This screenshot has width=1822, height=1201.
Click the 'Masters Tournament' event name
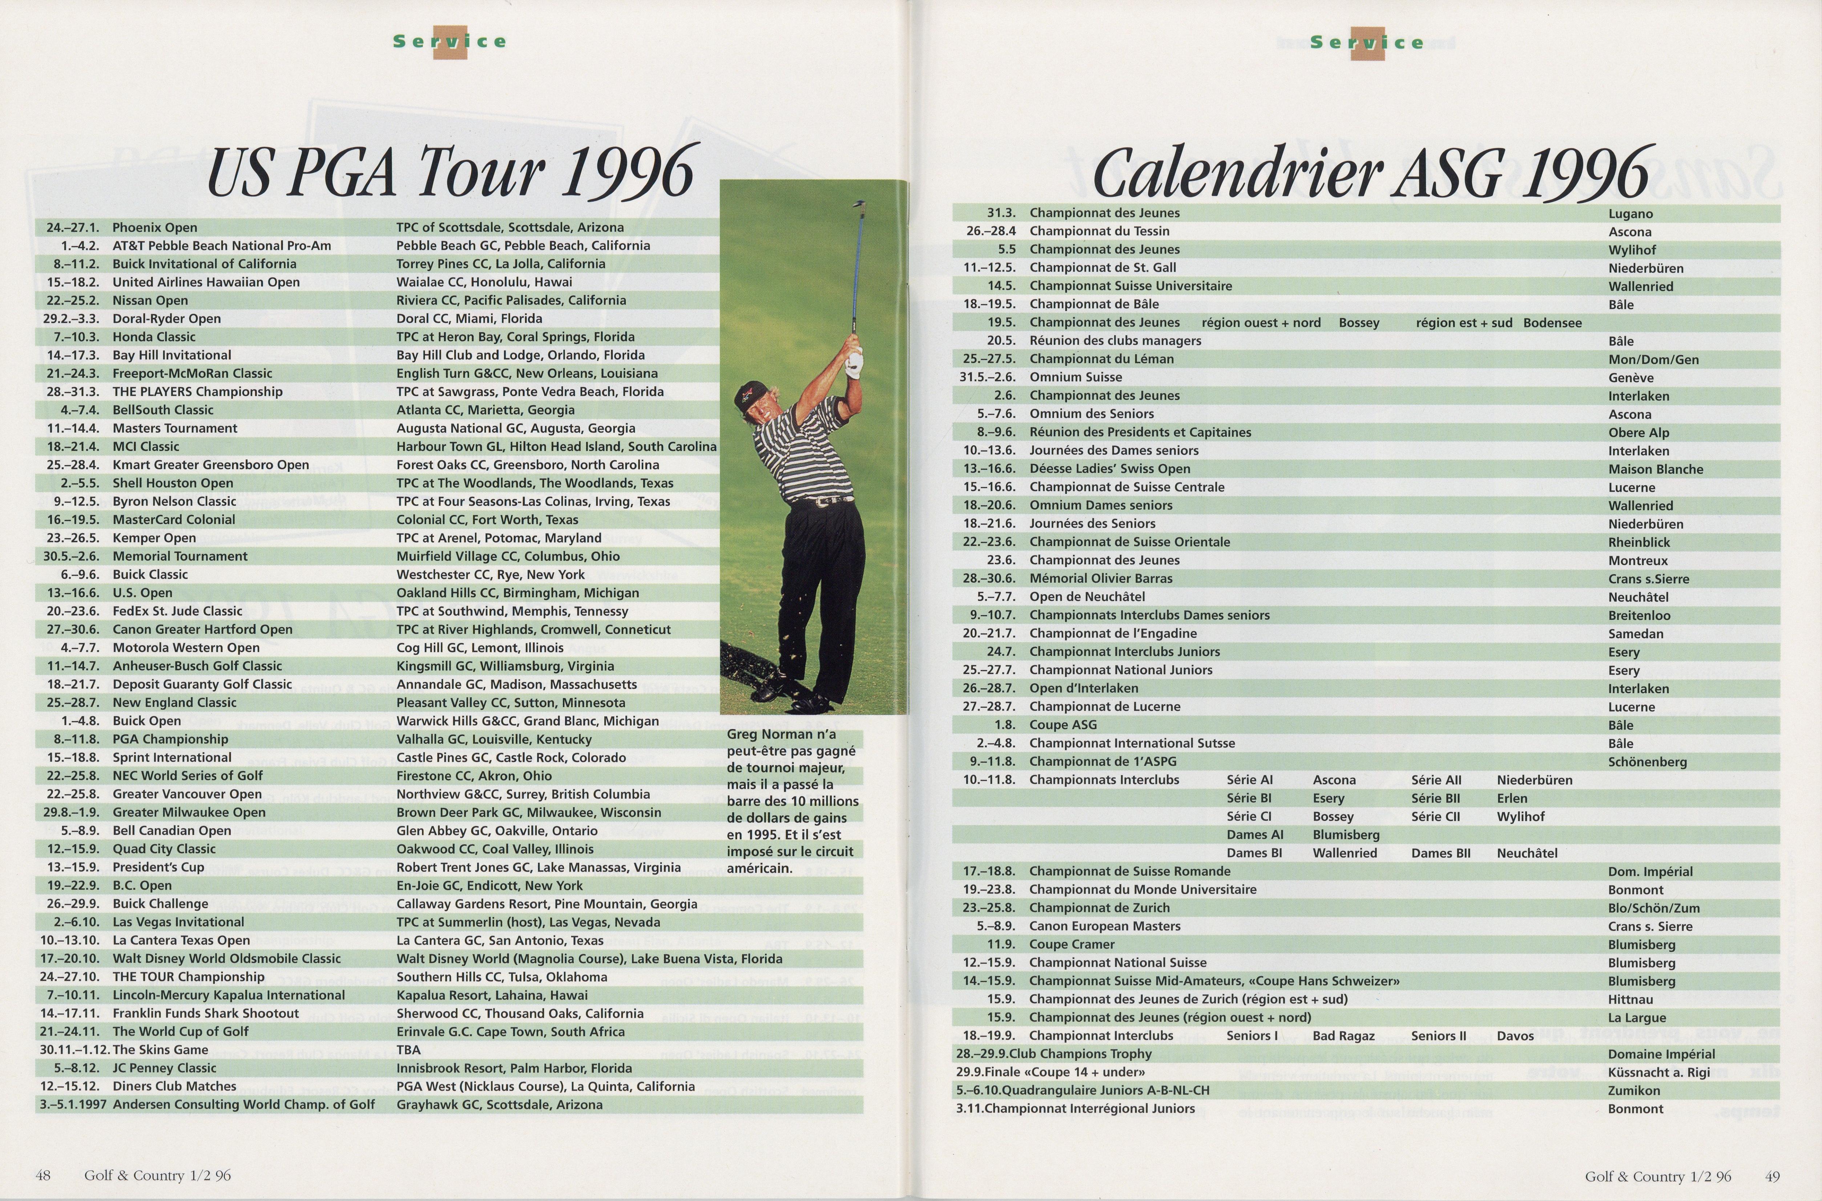(174, 428)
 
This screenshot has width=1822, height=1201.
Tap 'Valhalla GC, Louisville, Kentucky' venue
(494, 739)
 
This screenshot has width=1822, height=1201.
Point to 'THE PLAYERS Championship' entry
(198, 391)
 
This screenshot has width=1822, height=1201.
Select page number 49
(1772, 1176)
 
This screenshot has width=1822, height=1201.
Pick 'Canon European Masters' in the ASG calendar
(1094, 926)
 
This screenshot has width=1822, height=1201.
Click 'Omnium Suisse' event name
(1076, 377)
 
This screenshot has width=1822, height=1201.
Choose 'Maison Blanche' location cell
(1656, 469)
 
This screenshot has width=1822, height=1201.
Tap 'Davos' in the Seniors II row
(1515, 1036)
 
